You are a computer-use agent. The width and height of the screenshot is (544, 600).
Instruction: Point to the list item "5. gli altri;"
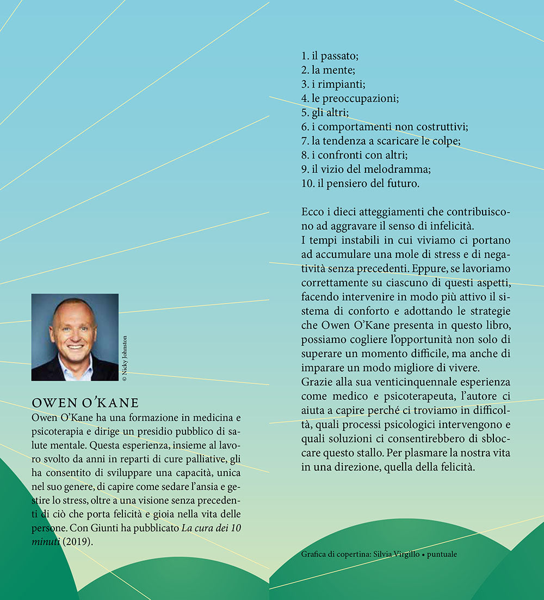point(325,113)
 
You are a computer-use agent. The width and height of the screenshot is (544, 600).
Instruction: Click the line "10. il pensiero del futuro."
point(360,183)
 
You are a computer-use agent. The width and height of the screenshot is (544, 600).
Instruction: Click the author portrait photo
point(75,337)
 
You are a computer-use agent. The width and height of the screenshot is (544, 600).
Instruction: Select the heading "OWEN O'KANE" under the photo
point(85,403)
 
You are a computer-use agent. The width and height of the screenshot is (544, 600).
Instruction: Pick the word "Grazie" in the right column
point(315,382)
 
